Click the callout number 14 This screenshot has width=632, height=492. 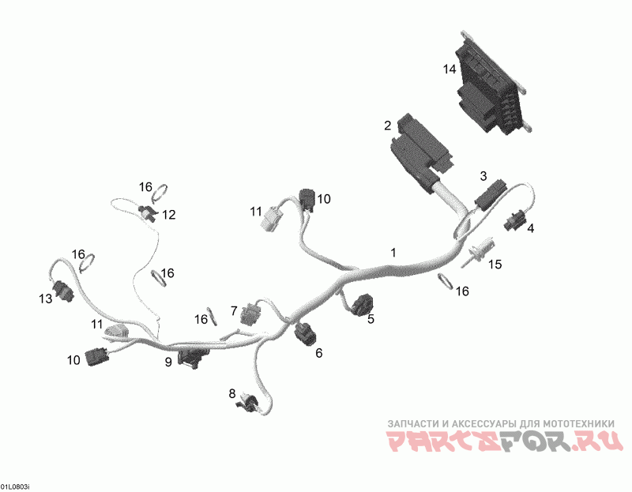point(450,69)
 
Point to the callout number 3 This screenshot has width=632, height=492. point(483,175)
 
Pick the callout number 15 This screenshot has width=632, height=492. point(494,265)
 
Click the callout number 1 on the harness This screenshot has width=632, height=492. point(393,252)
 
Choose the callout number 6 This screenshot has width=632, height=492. point(319,353)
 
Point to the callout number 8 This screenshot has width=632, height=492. point(232,392)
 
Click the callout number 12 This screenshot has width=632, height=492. point(169,214)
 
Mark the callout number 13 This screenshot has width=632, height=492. point(45,299)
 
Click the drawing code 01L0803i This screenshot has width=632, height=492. point(15,486)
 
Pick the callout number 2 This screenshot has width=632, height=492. point(387,126)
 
